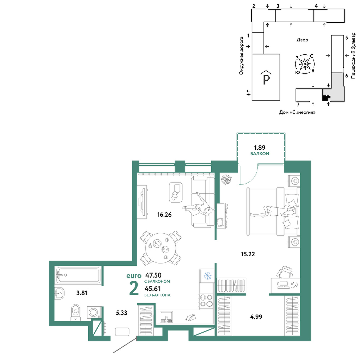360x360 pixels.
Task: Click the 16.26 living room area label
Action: coord(165,215)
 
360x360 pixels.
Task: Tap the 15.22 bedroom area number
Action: coord(248,254)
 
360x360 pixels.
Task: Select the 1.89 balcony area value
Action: coord(260,148)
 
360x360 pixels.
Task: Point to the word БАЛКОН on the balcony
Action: coord(260,154)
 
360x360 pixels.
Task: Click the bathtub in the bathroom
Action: coord(78,275)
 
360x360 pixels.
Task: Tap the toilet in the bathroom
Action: coord(76,312)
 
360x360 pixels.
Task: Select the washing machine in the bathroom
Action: coord(94,312)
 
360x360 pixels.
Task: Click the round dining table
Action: coord(161,248)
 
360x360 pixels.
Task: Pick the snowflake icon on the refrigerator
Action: coord(207,275)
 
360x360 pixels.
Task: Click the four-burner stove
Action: coord(206,301)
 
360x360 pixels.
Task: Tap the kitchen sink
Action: coord(166,317)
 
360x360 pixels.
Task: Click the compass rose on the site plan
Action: coord(305,64)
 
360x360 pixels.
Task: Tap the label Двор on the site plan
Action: coord(302,40)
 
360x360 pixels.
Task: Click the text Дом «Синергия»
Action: coord(297,112)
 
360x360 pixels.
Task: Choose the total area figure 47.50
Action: coord(153,275)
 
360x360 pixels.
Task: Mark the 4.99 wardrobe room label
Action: coord(256,316)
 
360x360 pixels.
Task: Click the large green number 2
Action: coord(134,288)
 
